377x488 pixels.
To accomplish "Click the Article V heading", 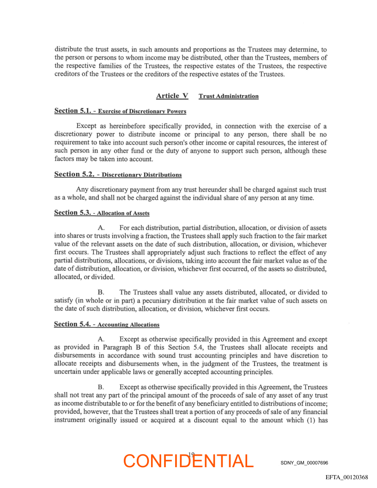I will [172, 96].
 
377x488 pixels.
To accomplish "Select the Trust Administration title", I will [228, 96].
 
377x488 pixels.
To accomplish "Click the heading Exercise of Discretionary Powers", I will [142, 111].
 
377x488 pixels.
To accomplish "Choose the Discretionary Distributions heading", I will [141, 175].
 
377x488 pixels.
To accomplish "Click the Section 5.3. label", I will [72, 213].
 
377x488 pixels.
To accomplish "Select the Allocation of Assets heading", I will [123, 213].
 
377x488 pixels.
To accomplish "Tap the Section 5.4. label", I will [72, 324].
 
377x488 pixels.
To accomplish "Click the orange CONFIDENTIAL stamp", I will [188, 461].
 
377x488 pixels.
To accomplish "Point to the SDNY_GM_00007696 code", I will [304, 463].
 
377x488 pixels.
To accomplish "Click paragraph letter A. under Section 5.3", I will [102, 228].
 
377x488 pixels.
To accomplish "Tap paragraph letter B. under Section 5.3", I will [102, 293].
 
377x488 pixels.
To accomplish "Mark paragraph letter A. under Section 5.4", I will [102, 339].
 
